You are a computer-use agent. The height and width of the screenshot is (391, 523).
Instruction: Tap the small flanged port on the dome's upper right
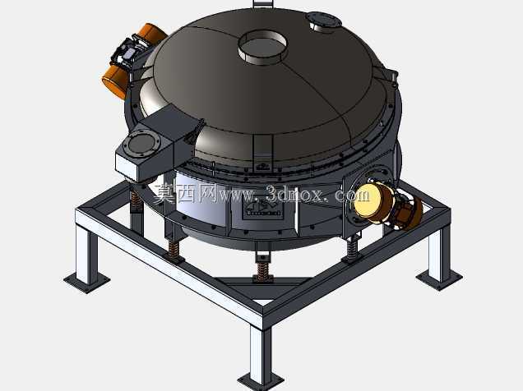tap(323, 21)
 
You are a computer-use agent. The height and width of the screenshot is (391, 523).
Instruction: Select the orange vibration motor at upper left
tap(132, 60)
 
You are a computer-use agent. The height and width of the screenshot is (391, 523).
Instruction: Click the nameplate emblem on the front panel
tap(263, 209)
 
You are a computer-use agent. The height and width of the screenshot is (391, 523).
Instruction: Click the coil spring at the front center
tap(263, 269)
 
